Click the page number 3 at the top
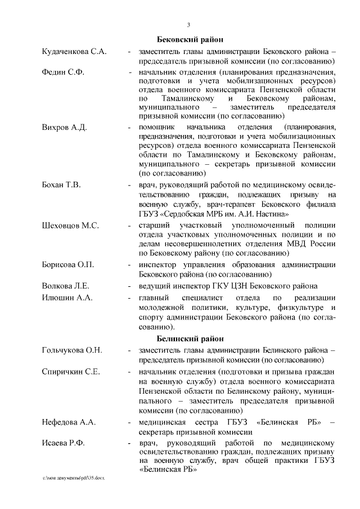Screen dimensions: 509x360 pyautogui.click(x=189, y=24)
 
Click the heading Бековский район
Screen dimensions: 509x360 pyautogui.click(x=189, y=39)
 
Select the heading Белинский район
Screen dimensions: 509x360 pyautogui.click(x=189, y=339)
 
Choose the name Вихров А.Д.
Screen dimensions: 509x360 pyautogui.click(x=65, y=127)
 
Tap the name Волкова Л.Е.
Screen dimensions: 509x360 pyautogui.click(x=66, y=285)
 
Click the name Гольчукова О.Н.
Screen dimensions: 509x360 pyautogui.click(x=72, y=350)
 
